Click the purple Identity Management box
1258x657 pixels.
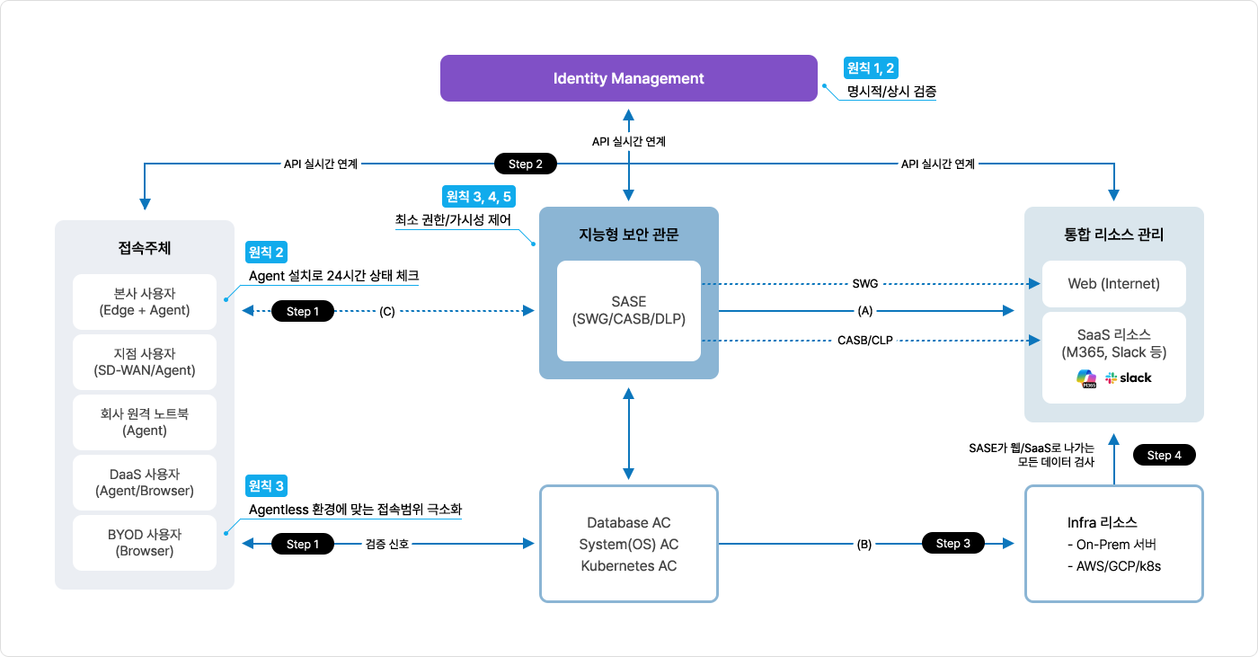pos(628,78)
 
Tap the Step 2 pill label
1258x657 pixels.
pos(526,164)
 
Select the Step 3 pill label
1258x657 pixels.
pos(953,543)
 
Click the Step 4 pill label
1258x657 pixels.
pos(1165,455)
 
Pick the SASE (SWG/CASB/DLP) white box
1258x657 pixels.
pos(628,310)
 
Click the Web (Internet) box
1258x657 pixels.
pos(1113,283)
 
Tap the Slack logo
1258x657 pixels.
pos(1129,378)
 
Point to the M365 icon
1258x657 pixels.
pos(1087,378)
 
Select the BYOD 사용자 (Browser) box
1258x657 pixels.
pos(145,543)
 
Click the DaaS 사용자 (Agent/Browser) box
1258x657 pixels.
pos(145,483)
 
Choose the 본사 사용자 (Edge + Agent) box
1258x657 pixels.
pos(145,302)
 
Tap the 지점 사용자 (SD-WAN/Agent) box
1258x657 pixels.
pos(145,362)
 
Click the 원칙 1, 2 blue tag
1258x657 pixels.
pos(872,67)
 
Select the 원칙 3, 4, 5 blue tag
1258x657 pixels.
pos(480,196)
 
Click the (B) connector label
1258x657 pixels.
pos(864,544)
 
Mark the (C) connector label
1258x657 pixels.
pos(387,311)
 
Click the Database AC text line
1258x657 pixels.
pos(628,522)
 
